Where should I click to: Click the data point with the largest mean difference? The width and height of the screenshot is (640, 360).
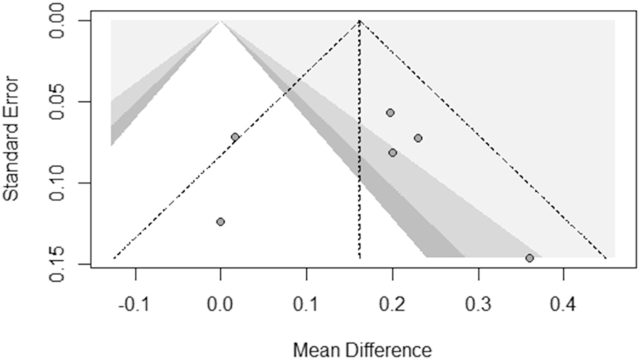pos(530,258)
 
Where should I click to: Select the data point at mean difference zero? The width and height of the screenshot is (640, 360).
pos(221,221)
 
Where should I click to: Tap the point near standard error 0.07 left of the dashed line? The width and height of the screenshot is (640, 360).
pos(235,137)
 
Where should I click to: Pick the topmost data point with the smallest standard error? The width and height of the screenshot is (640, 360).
pos(390,112)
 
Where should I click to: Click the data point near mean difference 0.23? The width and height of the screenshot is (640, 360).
pos(418,138)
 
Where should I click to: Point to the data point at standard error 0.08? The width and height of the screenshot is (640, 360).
pos(393,152)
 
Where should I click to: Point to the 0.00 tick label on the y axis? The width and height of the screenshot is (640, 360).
pos(66,21)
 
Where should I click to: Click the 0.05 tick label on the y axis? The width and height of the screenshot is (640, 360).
pos(66,102)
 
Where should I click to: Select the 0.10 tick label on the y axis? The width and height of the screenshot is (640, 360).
pos(66,183)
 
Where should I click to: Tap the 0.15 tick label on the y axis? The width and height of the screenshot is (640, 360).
pos(66,263)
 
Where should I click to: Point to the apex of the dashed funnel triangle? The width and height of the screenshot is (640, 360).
pos(360,21)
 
